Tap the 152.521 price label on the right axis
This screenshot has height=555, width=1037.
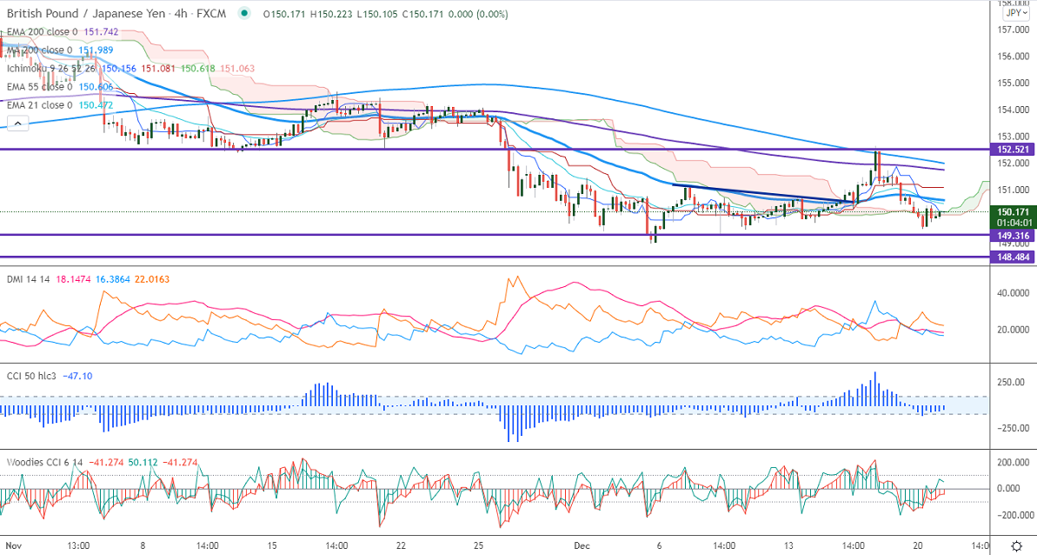tap(1014, 150)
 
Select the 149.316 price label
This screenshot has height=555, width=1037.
tap(1014, 235)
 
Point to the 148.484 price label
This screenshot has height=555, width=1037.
tap(1014, 257)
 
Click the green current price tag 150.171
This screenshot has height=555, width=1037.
tap(1014, 211)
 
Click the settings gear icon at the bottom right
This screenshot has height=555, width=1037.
tap(1016, 545)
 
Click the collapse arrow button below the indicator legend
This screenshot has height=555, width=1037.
tap(17, 123)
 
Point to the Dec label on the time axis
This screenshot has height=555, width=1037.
tap(582, 545)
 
